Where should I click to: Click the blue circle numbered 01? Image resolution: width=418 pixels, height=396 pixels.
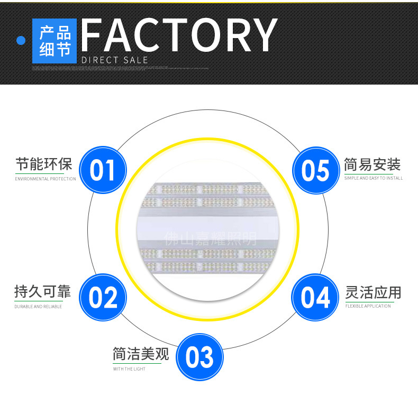point(103,170)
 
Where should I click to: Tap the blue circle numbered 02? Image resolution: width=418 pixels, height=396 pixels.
point(103,297)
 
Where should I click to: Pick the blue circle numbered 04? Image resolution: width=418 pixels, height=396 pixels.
point(315,297)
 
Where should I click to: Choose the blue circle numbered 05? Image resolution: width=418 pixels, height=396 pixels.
point(315,170)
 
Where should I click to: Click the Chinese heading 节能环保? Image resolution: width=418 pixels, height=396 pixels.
point(43,164)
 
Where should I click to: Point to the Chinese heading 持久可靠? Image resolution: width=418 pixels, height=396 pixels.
point(42,291)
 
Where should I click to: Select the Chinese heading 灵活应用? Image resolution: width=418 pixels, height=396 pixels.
point(373,292)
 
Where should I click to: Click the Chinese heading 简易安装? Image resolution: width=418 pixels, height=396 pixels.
point(372,164)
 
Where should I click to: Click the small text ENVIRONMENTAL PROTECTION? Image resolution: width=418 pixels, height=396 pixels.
point(46,179)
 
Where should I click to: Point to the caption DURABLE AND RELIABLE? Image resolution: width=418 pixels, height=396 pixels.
point(38,307)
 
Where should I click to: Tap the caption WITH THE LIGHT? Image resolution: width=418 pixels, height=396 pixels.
point(129,369)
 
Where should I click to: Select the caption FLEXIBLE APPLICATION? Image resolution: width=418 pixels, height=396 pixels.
point(368,306)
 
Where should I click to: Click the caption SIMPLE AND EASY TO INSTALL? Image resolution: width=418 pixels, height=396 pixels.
point(374,179)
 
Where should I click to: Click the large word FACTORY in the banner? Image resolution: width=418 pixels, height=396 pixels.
point(179,35)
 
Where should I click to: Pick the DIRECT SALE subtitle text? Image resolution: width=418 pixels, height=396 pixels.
point(115,60)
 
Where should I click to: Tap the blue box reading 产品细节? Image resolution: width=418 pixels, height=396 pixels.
point(54,41)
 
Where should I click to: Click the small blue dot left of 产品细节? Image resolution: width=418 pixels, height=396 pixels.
point(21,41)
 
